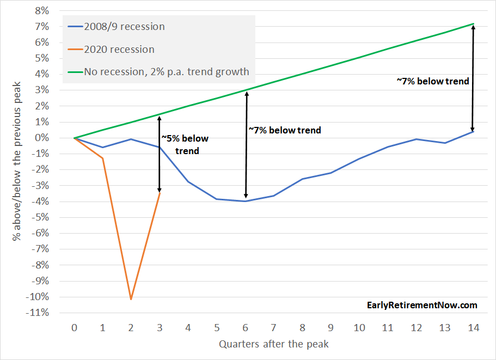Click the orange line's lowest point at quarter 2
(x=131, y=299)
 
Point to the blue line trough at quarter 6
(x=246, y=201)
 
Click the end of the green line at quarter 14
(x=473, y=24)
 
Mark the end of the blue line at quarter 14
(x=473, y=131)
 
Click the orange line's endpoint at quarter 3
(x=160, y=192)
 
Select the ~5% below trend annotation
(x=186, y=144)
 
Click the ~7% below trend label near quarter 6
(x=285, y=130)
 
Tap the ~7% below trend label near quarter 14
(x=433, y=81)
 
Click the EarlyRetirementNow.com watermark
(x=422, y=305)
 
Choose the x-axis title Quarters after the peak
(x=274, y=344)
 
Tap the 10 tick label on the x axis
(x=359, y=328)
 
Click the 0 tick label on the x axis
(x=75, y=328)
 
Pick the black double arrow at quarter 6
(x=246, y=144)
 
